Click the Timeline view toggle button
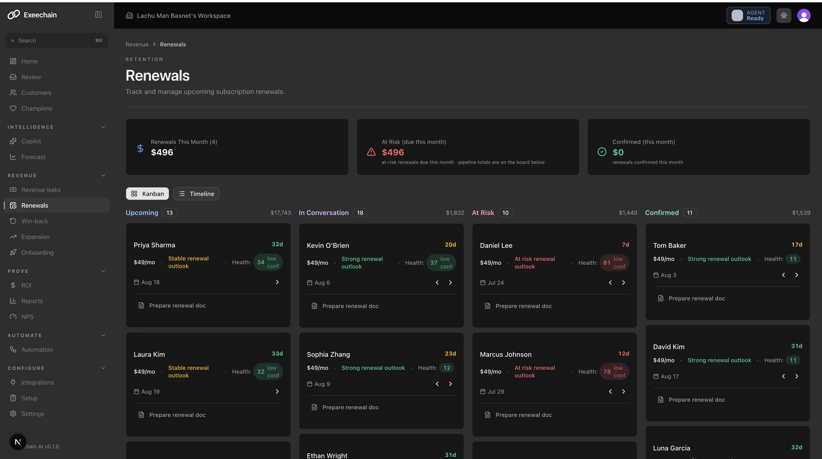(196, 194)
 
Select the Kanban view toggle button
(147, 194)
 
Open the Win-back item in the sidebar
(34, 221)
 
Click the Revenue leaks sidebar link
(41, 190)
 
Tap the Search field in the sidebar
(57, 40)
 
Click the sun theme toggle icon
(784, 15)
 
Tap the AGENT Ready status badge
(748, 15)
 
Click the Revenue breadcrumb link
(137, 44)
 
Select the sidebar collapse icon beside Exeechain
(98, 15)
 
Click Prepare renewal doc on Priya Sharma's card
(177, 306)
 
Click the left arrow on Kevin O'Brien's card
(437, 283)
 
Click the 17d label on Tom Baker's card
(797, 245)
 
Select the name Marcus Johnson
(505, 354)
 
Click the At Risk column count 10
(505, 213)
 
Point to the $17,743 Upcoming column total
(281, 213)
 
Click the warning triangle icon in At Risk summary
(371, 152)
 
